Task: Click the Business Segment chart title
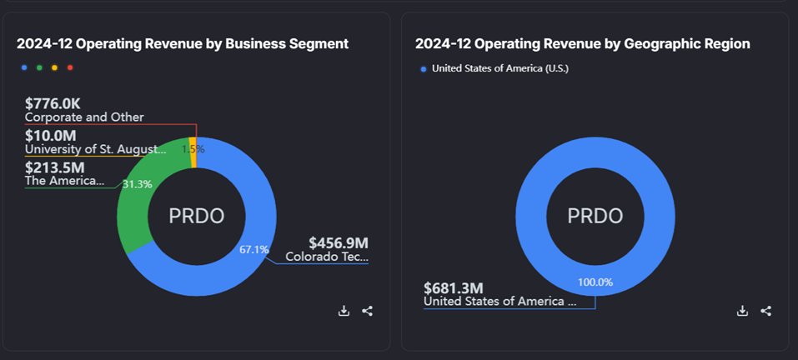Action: point(183,43)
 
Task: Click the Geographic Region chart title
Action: point(582,43)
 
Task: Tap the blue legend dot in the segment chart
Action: point(23,67)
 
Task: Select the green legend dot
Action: point(39,67)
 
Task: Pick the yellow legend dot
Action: point(55,67)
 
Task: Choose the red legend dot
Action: point(70,67)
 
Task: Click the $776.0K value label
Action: point(53,103)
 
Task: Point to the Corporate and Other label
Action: point(84,117)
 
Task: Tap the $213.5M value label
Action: point(54,167)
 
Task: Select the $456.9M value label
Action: point(339,242)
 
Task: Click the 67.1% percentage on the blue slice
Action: point(253,249)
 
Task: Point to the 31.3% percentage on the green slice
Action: point(137,184)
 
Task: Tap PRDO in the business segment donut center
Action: point(197,216)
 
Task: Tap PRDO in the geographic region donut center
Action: point(595,216)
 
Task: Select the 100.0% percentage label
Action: point(595,282)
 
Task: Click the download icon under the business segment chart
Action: point(344,311)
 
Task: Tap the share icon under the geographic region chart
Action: point(766,311)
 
